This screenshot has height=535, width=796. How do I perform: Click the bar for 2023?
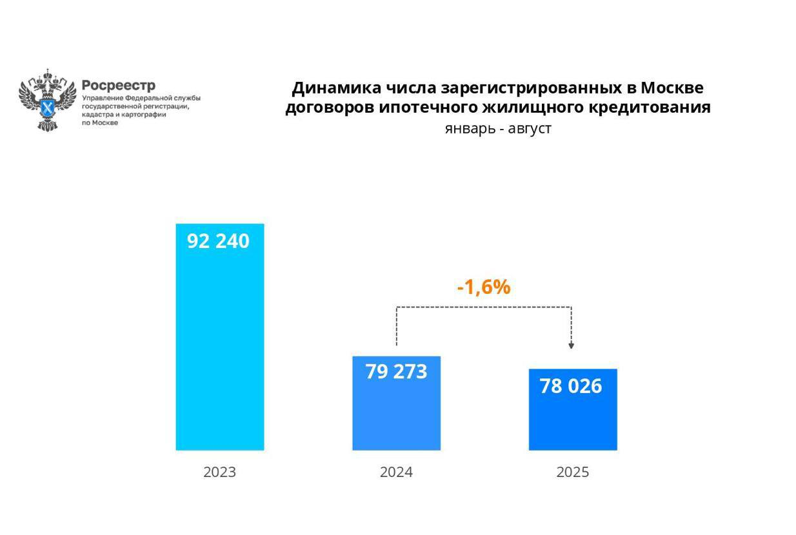point(220,348)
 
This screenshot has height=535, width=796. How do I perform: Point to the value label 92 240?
point(218,241)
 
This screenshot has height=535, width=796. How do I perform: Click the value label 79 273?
point(396,372)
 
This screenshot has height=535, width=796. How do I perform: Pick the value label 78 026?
point(571,386)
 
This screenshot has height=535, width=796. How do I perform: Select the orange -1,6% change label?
point(484,287)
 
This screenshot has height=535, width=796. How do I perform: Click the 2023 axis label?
point(220,472)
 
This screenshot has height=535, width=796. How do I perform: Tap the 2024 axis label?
point(396,472)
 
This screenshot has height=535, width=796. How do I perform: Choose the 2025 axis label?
point(573,472)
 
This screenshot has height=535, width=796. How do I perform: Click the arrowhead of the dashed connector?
point(571,346)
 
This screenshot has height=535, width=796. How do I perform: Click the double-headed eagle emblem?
point(47,100)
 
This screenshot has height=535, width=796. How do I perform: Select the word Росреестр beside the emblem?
point(119,86)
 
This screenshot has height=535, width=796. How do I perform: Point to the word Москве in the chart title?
point(672,88)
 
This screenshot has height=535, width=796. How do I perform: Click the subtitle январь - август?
point(498,128)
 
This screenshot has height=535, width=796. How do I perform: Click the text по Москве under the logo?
point(100,122)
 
